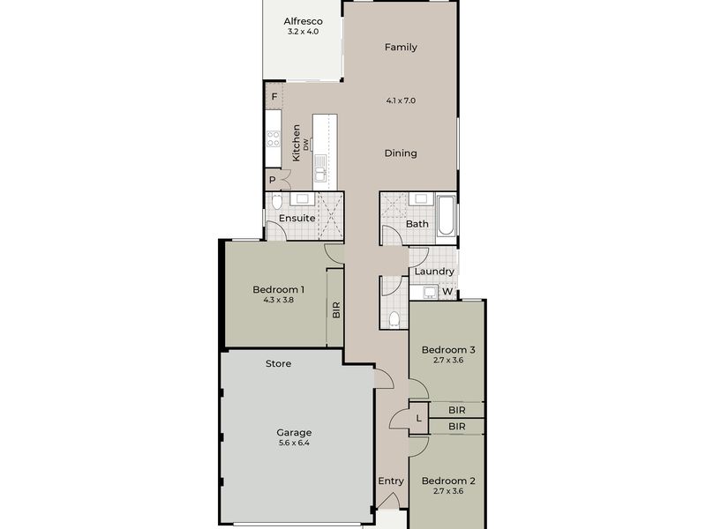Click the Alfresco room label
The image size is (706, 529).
tap(303, 21)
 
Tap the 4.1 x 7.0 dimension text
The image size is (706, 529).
tap(401, 101)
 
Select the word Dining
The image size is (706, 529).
tap(401, 153)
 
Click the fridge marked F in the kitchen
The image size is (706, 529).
tap(274, 96)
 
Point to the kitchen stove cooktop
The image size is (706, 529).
tap(274, 138)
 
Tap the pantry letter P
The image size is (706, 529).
tap(273, 181)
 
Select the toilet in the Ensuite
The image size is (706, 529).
tap(276, 202)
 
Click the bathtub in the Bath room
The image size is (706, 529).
tap(446, 215)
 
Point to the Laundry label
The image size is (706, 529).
tap(434, 272)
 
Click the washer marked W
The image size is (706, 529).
tap(447, 292)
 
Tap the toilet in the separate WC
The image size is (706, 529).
tap(394, 319)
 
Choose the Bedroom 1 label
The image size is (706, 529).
tap(278, 290)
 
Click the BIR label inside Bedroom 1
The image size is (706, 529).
tap(336, 310)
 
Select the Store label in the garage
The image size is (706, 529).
tap(278, 364)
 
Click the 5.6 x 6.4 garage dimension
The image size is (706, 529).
tap(294, 443)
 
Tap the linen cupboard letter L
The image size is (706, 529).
tap(418, 419)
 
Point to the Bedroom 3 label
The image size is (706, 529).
tap(448, 350)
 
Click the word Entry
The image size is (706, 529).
tap(391, 481)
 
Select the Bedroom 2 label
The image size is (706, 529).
tap(448, 481)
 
